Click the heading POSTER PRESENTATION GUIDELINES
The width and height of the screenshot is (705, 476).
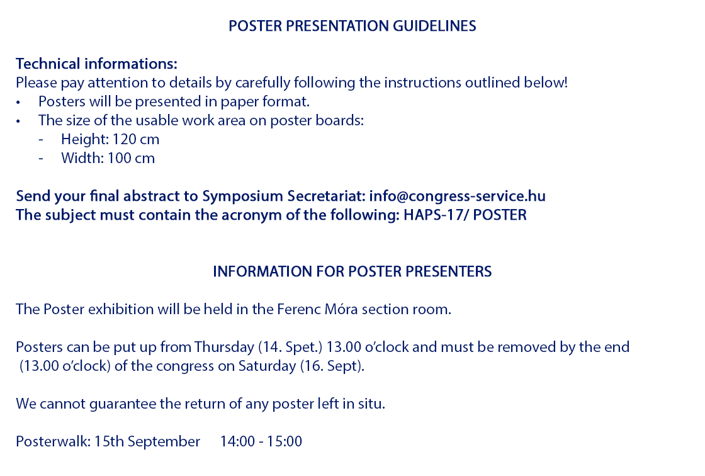pyautogui.click(x=352, y=26)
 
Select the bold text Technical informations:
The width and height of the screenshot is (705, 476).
pyautogui.click(x=97, y=64)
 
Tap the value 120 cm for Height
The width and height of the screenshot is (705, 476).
pyautogui.click(x=135, y=140)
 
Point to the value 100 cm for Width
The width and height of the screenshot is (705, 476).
pyautogui.click(x=131, y=159)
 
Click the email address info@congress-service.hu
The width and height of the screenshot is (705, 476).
pyautogui.click(x=457, y=196)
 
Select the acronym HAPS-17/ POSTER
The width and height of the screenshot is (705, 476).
pyautogui.click(x=465, y=215)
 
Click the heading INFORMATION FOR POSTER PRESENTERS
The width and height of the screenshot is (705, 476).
pyautogui.click(x=352, y=272)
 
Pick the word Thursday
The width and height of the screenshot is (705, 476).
pyautogui.click(x=224, y=348)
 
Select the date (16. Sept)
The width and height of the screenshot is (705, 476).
pyautogui.click(x=332, y=366)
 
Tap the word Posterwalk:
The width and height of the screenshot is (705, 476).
pyautogui.click(x=53, y=441)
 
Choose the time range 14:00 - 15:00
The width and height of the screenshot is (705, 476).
pyautogui.click(x=261, y=441)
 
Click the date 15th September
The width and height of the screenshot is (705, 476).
pyautogui.click(x=147, y=441)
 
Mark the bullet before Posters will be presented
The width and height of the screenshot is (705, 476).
pyautogui.click(x=18, y=103)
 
